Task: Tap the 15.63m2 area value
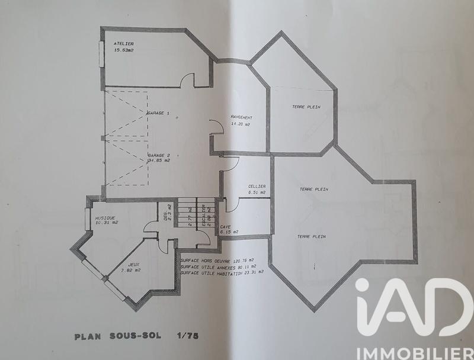point(125,50)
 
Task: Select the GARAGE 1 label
point(158,112)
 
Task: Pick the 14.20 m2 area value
point(241,125)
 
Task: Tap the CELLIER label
point(257,187)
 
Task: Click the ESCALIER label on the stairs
point(203,216)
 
